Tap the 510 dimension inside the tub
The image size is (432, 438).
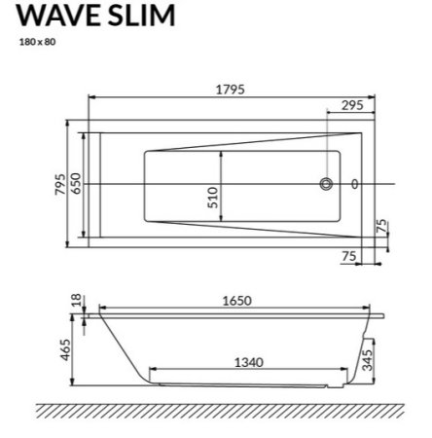tap(213, 201)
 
